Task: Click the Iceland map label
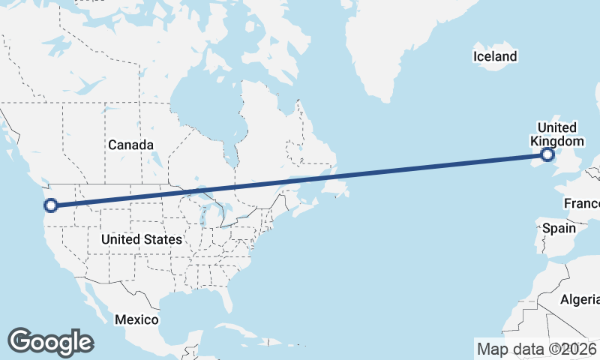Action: (495, 56)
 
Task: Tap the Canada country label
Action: (130, 145)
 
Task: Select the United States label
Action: (142, 239)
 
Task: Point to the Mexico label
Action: (136, 319)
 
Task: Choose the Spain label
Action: (558, 227)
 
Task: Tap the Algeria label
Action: (580, 300)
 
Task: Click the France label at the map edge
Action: (583, 204)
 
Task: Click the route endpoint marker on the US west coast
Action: (51, 205)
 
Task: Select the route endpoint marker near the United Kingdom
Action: (547, 154)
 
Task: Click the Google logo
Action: (50, 342)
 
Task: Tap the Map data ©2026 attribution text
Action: (536, 349)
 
